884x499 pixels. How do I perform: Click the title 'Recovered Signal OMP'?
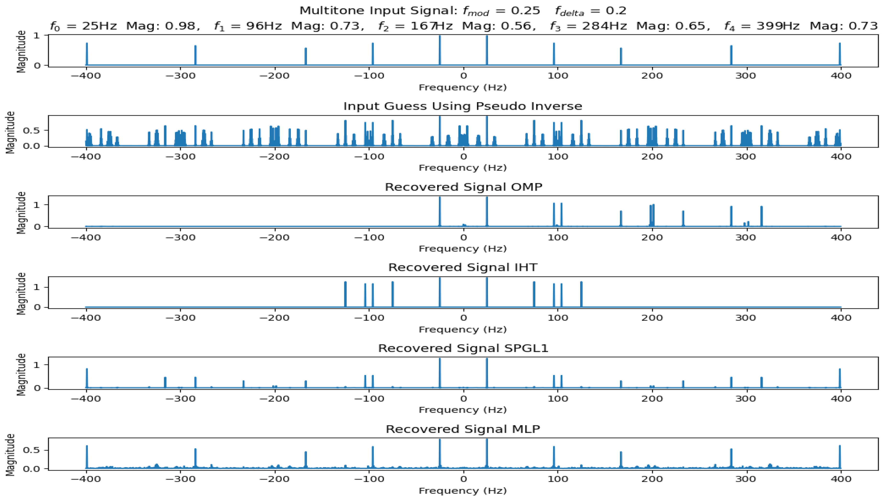click(463, 187)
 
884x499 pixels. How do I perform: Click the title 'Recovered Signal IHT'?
click(463, 268)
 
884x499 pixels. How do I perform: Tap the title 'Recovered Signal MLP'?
click(463, 429)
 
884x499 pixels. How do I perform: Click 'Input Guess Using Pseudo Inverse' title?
click(463, 106)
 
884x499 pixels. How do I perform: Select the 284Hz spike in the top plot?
click(731, 55)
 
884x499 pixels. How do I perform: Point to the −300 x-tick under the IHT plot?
click(181, 318)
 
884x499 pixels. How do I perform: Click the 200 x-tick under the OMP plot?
click(652, 237)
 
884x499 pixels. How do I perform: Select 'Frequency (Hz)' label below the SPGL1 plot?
click(463, 410)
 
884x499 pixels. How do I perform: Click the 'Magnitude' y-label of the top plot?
click(21, 51)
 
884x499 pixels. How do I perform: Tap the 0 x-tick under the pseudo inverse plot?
click(463, 157)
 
